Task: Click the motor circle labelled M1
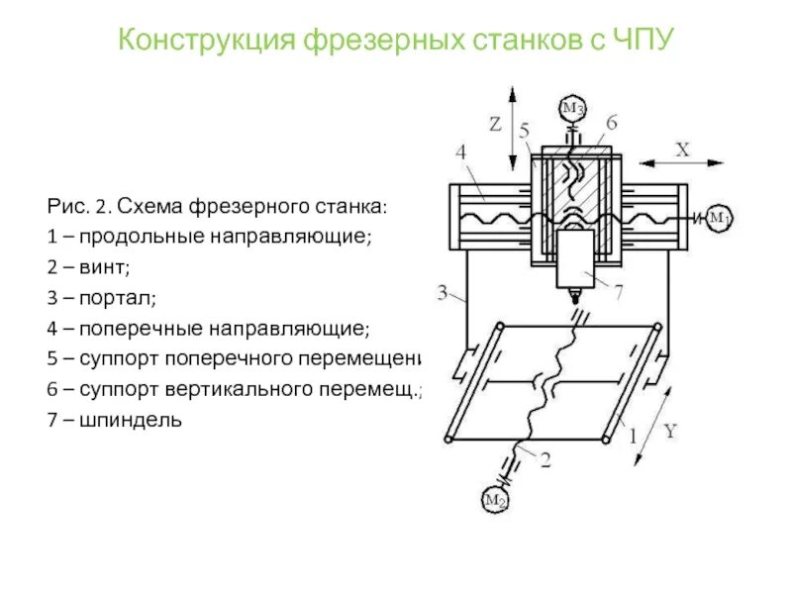pos(719,218)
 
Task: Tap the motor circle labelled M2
pos(495,501)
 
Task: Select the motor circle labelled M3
pos(572,107)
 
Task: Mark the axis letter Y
pos(669,431)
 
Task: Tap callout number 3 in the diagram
pos(444,290)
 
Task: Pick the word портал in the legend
pos(115,297)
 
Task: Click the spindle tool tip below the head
pos(572,296)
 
